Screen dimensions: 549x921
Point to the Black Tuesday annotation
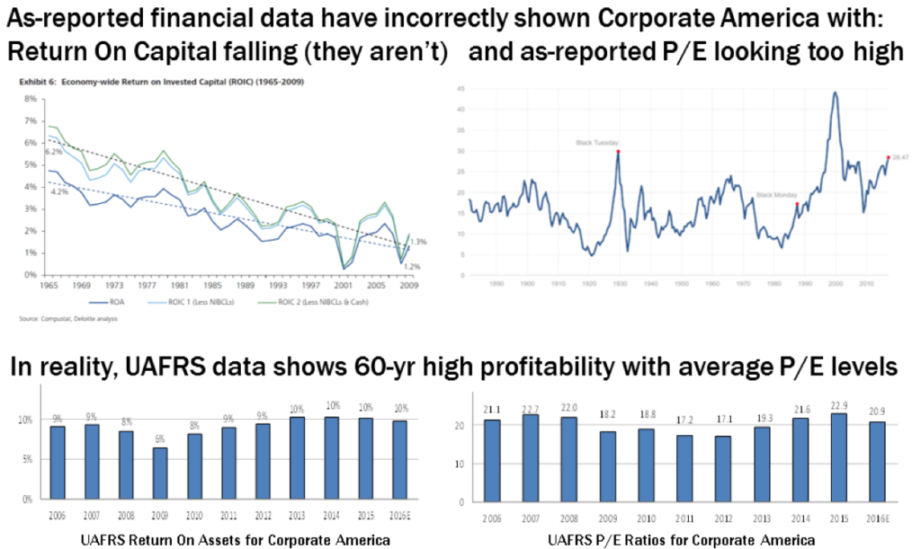pyautogui.click(x=595, y=142)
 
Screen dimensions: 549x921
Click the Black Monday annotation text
pyautogui.click(x=776, y=194)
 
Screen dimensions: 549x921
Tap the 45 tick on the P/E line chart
pyautogui.click(x=460, y=89)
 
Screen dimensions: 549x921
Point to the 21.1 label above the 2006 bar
pyautogui.click(x=491, y=411)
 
